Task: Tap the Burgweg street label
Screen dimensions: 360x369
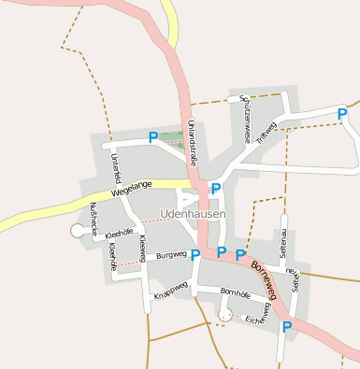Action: point(171,254)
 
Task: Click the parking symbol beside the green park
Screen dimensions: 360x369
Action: point(153,138)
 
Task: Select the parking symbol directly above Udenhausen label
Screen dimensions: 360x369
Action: point(216,189)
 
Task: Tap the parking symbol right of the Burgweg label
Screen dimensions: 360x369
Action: point(195,254)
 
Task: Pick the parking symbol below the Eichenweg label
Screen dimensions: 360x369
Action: point(287,326)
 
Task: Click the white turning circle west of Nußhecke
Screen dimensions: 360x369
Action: point(78,230)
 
